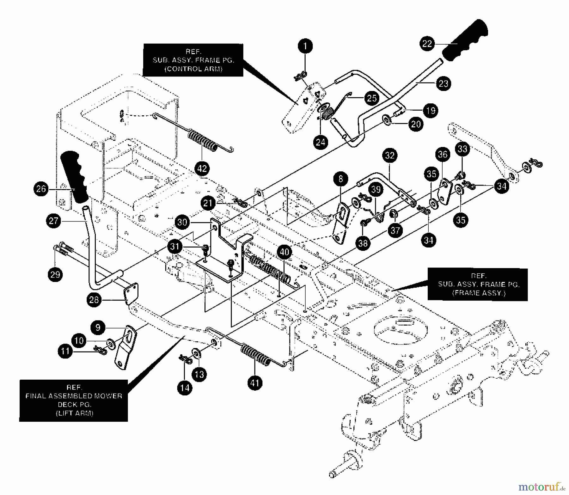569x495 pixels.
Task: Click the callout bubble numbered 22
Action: [427, 44]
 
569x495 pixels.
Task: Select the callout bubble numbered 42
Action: [202, 168]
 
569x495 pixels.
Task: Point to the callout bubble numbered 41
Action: [255, 383]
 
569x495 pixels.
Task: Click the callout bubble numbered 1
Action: [305, 46]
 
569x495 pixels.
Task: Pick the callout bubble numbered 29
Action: [55, 274]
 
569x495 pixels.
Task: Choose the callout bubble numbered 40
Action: [284, 252]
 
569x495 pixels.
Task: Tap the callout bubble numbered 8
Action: [340, 179]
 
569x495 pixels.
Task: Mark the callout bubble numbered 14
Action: [185, 388]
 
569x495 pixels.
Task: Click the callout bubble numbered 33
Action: [462, 149]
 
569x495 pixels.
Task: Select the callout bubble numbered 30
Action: [182, 222]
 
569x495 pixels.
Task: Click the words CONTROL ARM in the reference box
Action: [193, 69]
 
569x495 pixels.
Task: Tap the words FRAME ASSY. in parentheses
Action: [479, 293]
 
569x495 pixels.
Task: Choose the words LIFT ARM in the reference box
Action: [75, 413]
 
